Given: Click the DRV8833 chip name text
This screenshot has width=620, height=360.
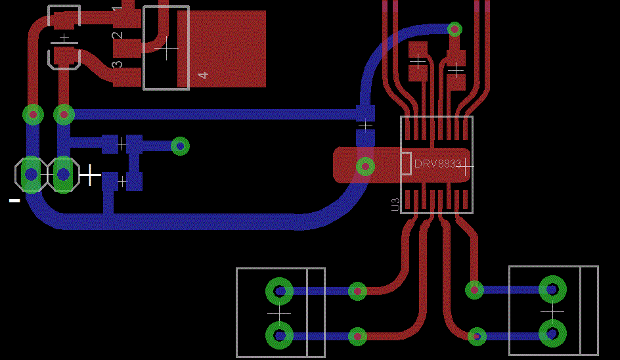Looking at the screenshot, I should coord(437,163).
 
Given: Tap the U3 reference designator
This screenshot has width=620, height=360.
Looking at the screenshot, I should coord(395,204).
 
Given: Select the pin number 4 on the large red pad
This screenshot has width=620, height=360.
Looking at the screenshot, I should coord(203,75).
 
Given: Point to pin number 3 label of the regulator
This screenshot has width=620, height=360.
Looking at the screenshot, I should coord(117,65).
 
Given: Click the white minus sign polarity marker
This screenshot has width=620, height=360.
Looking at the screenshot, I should coord(14,200).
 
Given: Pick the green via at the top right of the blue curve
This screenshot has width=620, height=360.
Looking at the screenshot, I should coord(454,29).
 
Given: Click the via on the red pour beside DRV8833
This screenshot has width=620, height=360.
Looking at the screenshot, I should coord(365,166).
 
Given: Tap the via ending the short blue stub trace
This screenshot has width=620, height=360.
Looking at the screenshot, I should coord(180,146).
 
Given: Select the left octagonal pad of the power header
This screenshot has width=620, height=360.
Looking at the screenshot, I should coord(30,174).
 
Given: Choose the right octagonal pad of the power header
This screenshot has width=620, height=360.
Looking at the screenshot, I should coord(63,174).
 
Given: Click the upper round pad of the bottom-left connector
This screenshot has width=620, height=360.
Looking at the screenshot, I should coord(279,290).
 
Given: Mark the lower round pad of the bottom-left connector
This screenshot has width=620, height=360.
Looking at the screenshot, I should coord(279,336).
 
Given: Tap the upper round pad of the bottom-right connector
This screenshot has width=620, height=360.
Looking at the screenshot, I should coord(552,288).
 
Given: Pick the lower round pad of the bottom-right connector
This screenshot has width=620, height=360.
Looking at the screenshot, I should coord(552,333).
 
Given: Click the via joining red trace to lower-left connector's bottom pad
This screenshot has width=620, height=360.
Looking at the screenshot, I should coord(357,336).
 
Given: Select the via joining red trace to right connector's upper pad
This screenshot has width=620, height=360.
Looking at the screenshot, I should coord(474,289).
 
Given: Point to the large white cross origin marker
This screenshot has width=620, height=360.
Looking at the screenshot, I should coord(90,175).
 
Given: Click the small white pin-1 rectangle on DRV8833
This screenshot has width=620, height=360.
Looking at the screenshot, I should coord(406,164).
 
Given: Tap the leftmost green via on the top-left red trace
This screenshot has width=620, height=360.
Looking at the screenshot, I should coord(33,114).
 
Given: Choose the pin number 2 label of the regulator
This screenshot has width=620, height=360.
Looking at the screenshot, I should coord(117,35).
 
